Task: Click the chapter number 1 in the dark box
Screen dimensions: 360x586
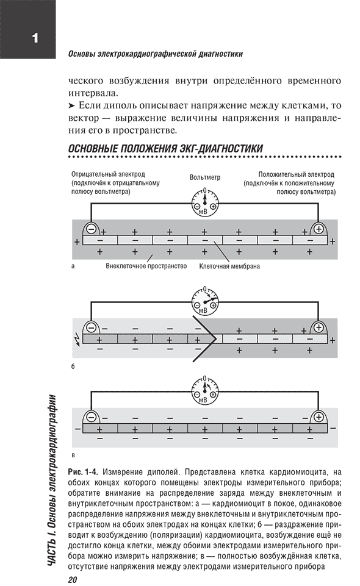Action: point(35,38)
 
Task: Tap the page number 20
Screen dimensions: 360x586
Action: point(73,580)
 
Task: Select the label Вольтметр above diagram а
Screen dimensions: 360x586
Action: point(205,177)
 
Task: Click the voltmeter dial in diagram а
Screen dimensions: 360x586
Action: point(204,203)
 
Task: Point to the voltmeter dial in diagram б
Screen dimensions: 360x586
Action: point(204,302)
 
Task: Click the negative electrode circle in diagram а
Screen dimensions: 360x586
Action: point(91,228)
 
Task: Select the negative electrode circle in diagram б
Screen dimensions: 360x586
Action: point(91,328)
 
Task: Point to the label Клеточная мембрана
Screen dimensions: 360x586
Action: point(229,266)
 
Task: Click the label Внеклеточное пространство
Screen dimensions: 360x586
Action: point(146,266)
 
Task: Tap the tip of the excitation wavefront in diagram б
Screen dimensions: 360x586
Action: point(217,339)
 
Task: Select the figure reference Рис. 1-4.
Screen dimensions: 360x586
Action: point(84,471)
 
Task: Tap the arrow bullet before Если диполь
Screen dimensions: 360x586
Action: point(72,105)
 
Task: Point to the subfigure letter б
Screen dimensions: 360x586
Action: point(73,366)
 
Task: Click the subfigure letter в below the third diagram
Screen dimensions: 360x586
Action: point(73,456)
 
